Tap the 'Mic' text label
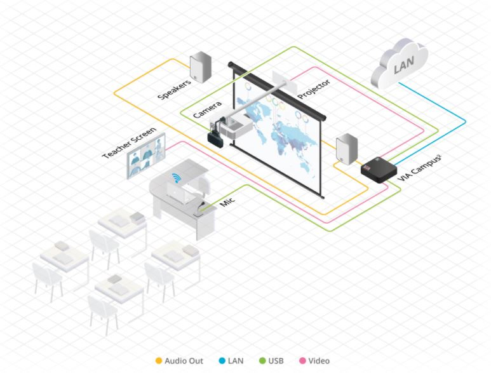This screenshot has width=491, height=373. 227,203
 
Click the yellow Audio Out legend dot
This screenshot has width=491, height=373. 159,361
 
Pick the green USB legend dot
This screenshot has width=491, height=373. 262,361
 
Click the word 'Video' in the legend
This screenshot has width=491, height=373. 319,361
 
